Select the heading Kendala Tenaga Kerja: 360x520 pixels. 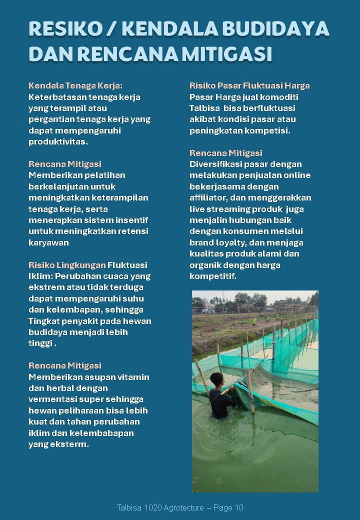tap(75, 85)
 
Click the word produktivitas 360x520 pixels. tap(58, 141)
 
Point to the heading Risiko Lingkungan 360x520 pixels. tap(67, 265)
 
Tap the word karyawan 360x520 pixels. tap(48, 242)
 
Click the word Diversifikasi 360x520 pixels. tap(214, 164)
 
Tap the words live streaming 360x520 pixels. tap(223, 209)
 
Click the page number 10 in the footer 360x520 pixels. tap(238, 508)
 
